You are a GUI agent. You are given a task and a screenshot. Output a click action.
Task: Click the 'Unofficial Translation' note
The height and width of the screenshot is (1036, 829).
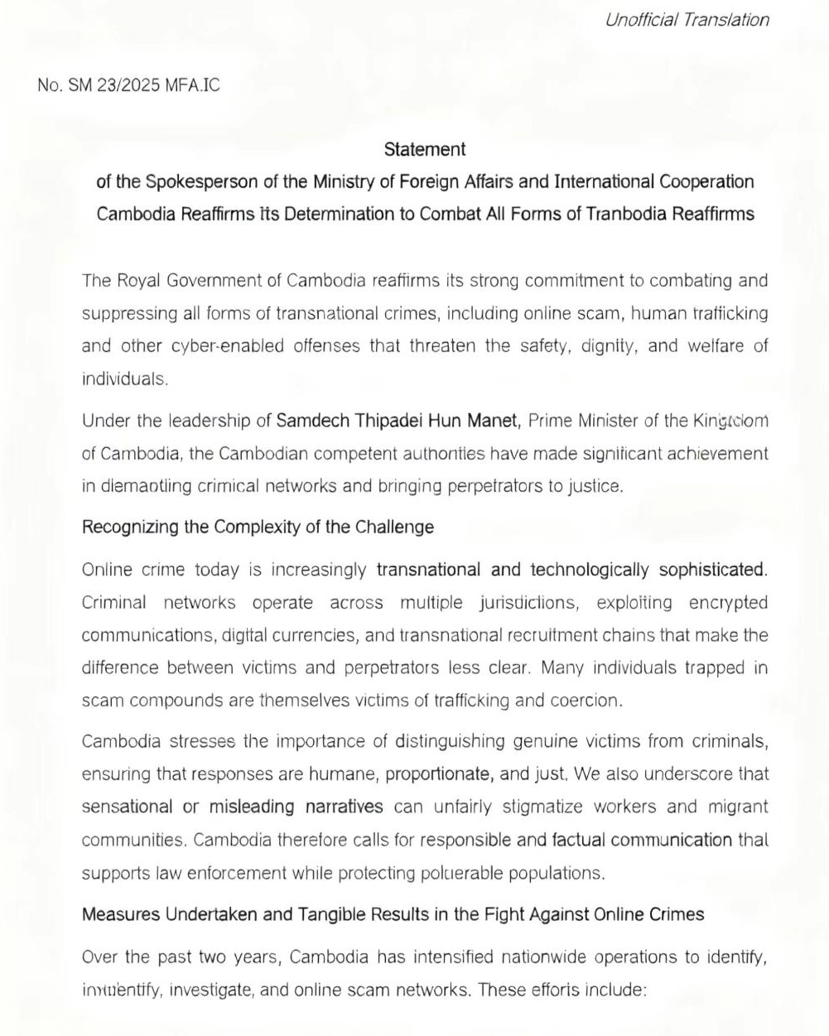click(687, 20)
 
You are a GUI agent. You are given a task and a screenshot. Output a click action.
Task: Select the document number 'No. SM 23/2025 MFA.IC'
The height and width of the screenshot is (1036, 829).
click(128, 85)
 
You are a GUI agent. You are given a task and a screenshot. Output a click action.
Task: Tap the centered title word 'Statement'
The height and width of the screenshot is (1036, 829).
click(425, 150)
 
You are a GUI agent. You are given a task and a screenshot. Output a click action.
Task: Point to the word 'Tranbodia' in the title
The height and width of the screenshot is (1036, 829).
click(626, 214)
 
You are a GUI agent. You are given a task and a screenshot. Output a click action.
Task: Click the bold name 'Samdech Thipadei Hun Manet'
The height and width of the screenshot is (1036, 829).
click(398, 421)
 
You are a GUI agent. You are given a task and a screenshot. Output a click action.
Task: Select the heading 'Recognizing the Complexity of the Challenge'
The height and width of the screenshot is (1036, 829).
click(258, 527)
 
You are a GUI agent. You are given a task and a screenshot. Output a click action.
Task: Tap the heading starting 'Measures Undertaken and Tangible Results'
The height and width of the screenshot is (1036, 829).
click(393, 914)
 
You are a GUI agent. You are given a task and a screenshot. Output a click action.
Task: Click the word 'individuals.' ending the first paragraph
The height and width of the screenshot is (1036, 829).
click(125, 379)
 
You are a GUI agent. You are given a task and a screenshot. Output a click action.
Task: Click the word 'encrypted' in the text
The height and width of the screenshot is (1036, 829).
click(728, 603)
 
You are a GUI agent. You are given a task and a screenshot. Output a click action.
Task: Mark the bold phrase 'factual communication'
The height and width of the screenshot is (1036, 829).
click(642, 840)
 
